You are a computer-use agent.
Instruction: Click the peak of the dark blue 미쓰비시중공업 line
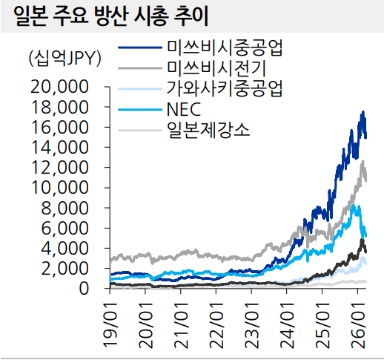click(363, 112)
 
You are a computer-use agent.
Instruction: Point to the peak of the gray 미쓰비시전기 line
click(363, 161)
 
